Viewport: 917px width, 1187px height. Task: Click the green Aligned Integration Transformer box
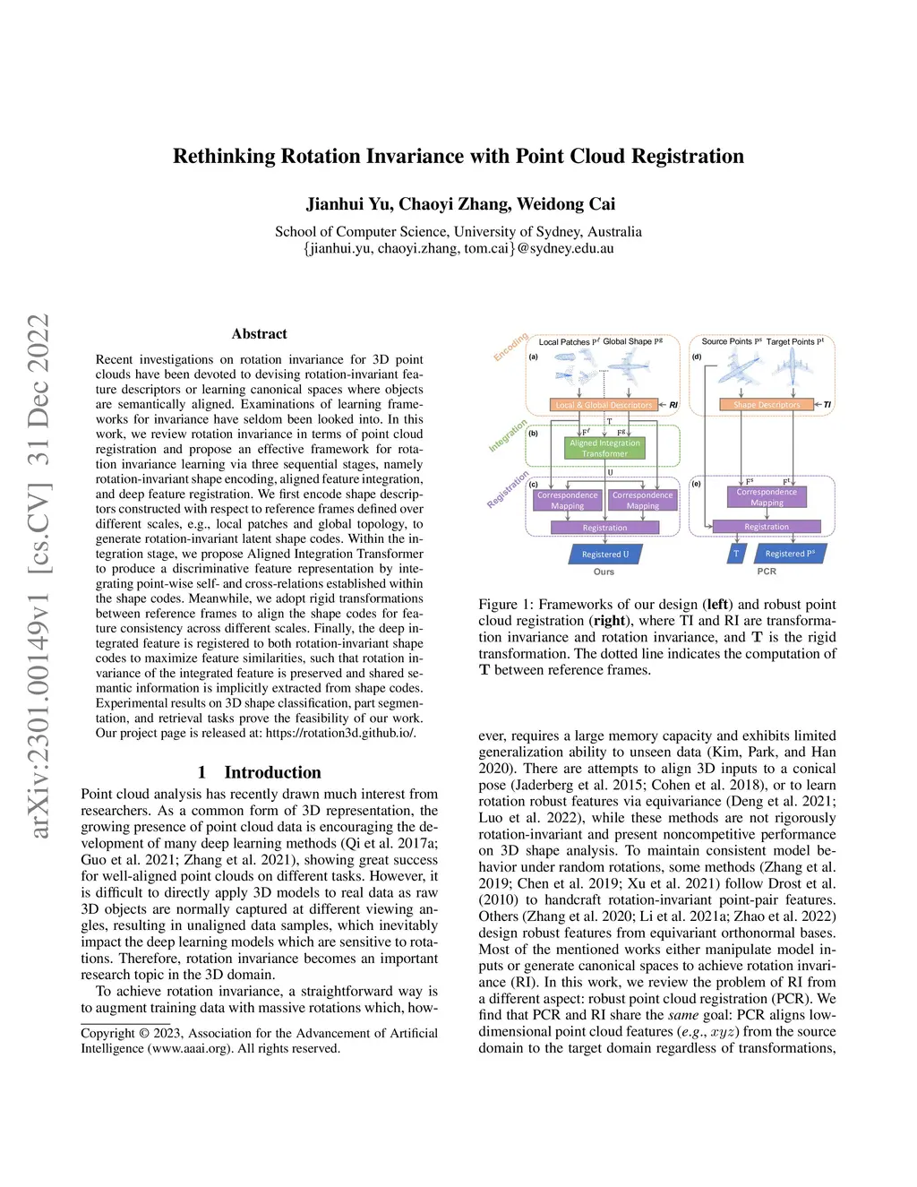click(x=604, y=448)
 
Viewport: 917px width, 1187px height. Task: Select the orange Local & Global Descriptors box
click(x=604, y=405)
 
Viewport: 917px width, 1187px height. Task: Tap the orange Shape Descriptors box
click(x=767, y=405)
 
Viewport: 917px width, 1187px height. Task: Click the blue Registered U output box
click(x=605, y=555)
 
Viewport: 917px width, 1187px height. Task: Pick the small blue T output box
click(x=736, y=554)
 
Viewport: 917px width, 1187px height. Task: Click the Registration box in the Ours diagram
click(x=604, y=528)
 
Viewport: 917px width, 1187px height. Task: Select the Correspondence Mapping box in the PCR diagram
click(x=767, y=497)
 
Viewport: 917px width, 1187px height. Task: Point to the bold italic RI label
click(x=673, y=405)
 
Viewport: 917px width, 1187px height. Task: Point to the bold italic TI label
click(x=827, y=405)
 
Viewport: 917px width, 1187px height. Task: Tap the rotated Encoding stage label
click(x=510, y=347)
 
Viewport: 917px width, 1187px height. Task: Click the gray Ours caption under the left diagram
click(x=604, y=572)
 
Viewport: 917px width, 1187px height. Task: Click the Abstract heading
click(x=260, y=334)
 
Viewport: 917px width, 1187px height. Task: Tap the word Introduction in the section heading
click(x=272, y=772)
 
